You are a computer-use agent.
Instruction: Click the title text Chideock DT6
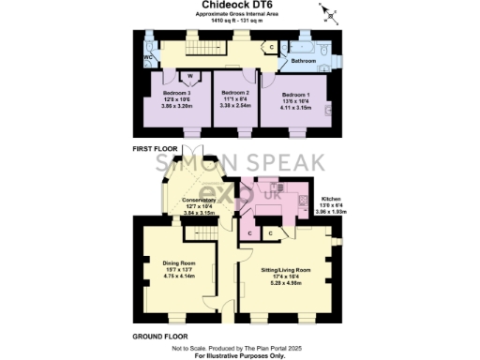pos(239,6)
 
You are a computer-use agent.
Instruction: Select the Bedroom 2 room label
pos(234,95)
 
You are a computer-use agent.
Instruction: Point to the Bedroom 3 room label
pos(176,95)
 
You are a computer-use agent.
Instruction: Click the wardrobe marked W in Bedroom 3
pos(189,77)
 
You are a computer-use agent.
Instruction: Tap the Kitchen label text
pos(332,200)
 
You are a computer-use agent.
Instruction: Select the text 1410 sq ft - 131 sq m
pos(239,23)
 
